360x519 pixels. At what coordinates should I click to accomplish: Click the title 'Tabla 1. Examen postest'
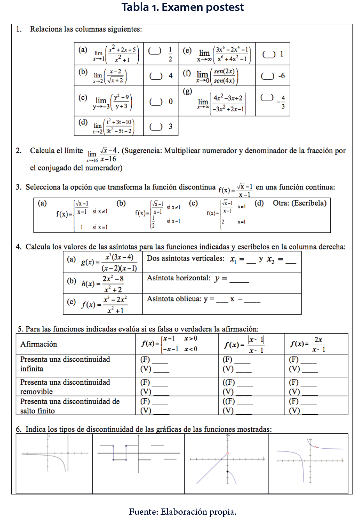[x=183, y=7]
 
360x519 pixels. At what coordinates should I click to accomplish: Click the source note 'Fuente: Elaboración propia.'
[x=183, y=511]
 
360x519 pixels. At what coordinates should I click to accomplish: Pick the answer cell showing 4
[x=161, y=76]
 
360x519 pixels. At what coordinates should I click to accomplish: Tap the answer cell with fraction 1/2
[x=161, y=54]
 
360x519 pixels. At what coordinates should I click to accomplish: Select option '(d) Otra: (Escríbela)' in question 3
[x=290, y=203]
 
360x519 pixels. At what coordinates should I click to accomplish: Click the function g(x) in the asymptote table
[x=103, y=262]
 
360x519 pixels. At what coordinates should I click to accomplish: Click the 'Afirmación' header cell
[x=39, y=344]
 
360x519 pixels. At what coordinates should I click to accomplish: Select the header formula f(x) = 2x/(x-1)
[x=308, y=344]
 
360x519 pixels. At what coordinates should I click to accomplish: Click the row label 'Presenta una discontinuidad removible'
[x=65, y=387]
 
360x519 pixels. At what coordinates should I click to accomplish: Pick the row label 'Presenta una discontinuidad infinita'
[x=65, y=364]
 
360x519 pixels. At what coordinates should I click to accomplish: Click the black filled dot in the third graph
[x=227, y=472]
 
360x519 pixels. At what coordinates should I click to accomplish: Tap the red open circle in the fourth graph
[x=315, y=447]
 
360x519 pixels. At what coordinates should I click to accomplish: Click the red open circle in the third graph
[x=227, y=454]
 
